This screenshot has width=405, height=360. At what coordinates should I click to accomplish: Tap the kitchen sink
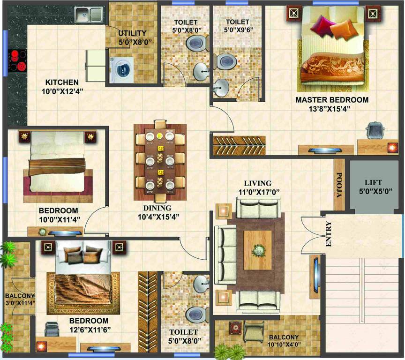coord(88,15)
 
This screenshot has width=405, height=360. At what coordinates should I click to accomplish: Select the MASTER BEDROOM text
coord(331,100)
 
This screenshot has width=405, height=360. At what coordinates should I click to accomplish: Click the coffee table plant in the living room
coord(257,250)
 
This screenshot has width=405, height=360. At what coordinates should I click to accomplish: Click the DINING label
coord(157,208)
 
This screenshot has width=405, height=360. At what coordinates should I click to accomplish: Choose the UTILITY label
coord(132,33)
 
